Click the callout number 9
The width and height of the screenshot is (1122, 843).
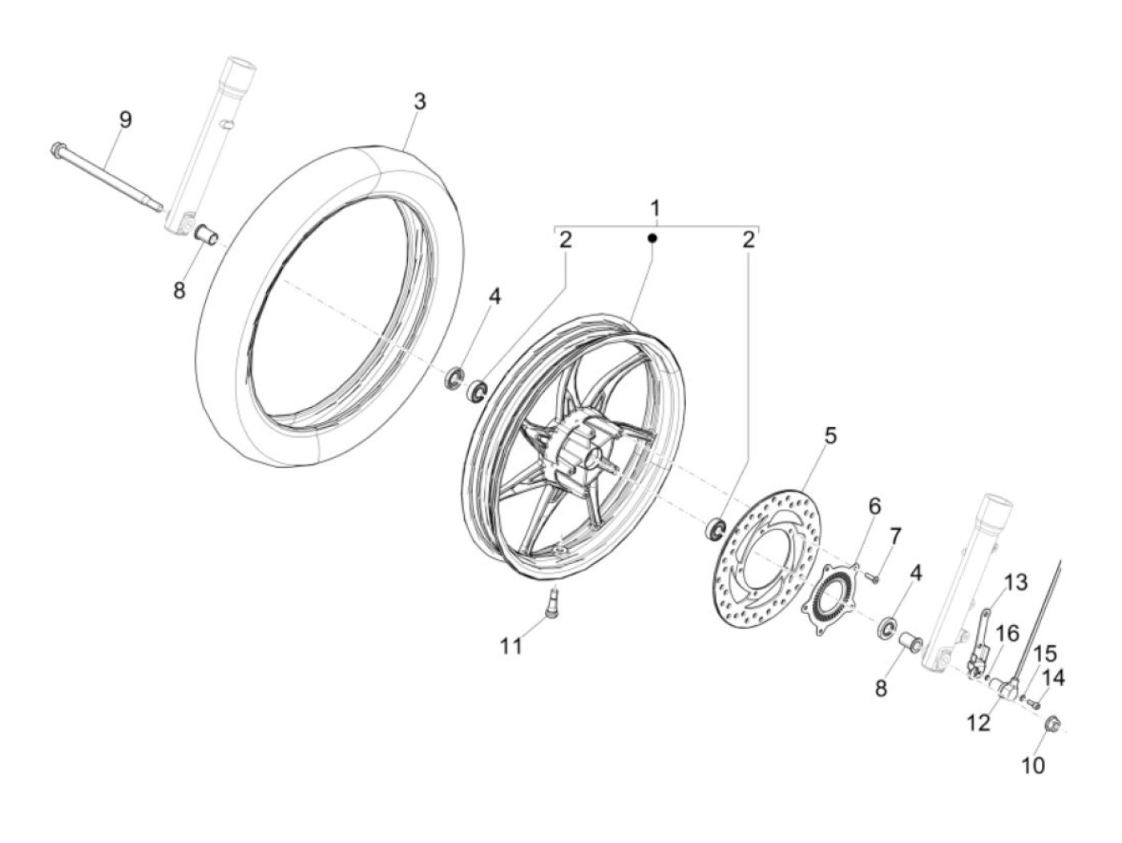coord(124,120)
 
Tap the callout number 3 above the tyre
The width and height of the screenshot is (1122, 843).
coord(419,102)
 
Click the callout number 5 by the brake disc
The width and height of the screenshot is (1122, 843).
coord(830,436)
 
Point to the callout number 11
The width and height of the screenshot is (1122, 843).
coord(511,646)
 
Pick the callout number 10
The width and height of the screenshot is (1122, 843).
coord(1034,765)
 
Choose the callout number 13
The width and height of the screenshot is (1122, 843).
coord(1015,583)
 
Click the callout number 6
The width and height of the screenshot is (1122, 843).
coord(874,506)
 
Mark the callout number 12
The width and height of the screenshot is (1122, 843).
coord(979,723)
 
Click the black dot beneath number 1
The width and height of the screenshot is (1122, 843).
coord(652,239)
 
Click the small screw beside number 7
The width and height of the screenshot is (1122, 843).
coord(875,575)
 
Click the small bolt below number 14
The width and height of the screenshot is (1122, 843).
coord(1033,704)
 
